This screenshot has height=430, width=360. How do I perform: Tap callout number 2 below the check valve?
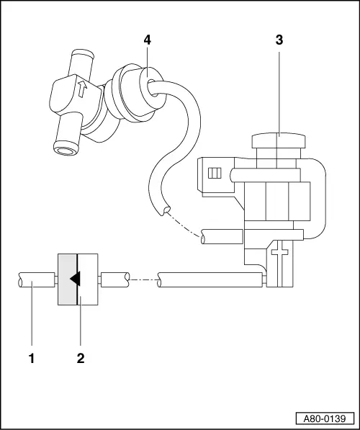pos(81,356)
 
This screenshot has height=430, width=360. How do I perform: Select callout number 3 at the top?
pos(279,40)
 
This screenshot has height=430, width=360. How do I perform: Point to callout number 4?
pos(147,40)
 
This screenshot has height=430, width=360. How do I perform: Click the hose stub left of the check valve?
pos(35,279)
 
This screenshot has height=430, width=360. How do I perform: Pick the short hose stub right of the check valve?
pos(115,278)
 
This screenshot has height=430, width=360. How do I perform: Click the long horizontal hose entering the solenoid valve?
pos(209,279)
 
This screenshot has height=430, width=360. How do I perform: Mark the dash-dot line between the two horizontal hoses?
pos(143,278)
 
